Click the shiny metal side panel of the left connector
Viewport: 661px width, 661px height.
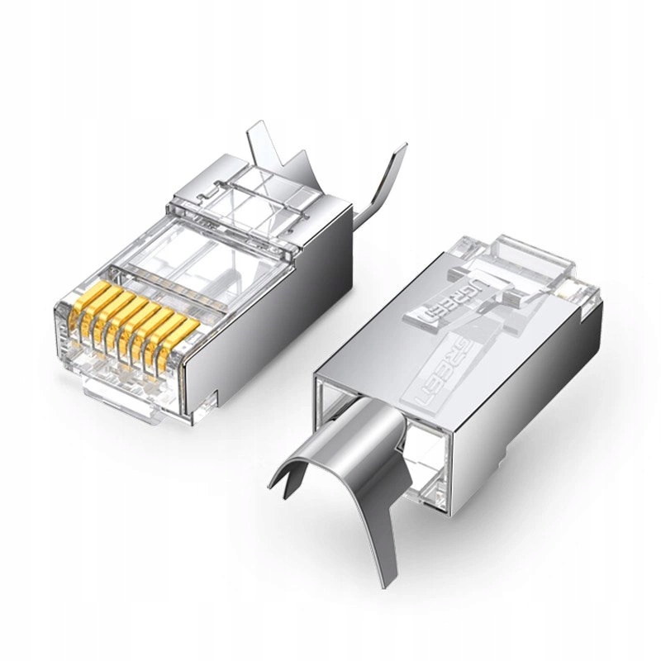tap(248, 330)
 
